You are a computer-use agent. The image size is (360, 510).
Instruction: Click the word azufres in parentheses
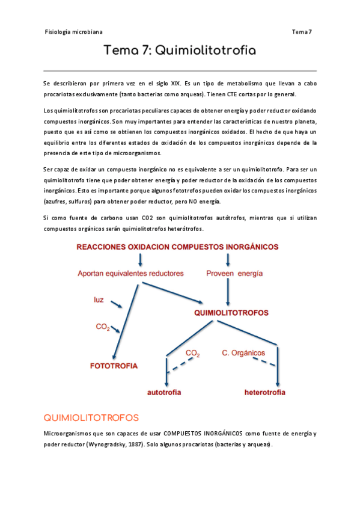[57, 201]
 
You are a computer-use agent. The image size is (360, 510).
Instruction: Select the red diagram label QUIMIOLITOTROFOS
[231, 313]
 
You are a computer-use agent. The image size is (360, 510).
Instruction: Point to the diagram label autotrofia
[165, 392]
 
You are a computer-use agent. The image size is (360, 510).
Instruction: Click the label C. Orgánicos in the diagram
[243, 352]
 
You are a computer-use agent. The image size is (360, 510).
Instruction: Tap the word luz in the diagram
[99, 299]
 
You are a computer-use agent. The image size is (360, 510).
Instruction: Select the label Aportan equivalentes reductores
[131, 274]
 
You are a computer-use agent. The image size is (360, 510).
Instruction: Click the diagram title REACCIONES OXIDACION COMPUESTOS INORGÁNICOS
[177, 247]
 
